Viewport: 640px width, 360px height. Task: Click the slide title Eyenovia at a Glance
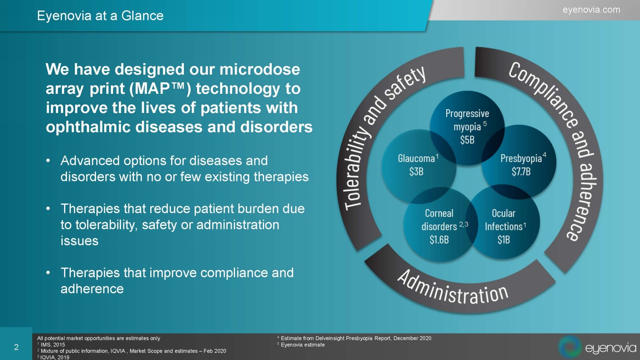(100, 16)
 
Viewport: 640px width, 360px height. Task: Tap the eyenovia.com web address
(591, 10)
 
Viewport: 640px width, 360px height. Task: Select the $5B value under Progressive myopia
(467, 140)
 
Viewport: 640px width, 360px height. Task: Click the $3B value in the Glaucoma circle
(416, 171)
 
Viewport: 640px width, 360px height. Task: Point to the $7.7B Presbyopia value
(521, 171)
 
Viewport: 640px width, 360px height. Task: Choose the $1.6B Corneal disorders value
(439, 240)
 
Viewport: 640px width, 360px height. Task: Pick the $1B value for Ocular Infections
(503, 240)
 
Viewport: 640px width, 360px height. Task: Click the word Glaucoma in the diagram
(416, 158)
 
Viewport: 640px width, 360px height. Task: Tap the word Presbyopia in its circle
(521, 159)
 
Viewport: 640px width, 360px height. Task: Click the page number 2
(16, 347)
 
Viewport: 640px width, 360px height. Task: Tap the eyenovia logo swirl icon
(570, 347)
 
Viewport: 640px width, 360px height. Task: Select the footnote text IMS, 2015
(53, 345)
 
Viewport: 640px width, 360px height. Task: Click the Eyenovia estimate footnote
(303, 345)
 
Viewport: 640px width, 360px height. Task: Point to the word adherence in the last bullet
(92, 289)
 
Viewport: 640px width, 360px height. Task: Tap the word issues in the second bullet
(79, 241)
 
